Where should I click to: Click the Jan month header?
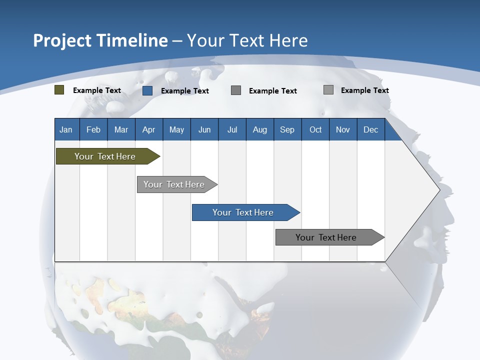click(66, 129)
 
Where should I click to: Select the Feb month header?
click(93, 129)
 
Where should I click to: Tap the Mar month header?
click(121, 129)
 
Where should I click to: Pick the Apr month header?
click(149, 129)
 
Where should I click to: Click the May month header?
click(176, 129)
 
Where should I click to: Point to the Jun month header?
click(204, 129)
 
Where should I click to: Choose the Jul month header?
click(232, 129)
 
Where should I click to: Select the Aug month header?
click(260, 129)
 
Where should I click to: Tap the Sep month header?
click(287, 129)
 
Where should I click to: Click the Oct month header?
click(315, 129)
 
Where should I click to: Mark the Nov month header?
click(343, 129)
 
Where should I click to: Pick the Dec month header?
click(371, 129)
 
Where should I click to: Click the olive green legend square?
click(59, 90)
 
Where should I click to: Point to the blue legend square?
click(147, 90)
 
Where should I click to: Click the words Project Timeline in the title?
click(100, 40)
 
